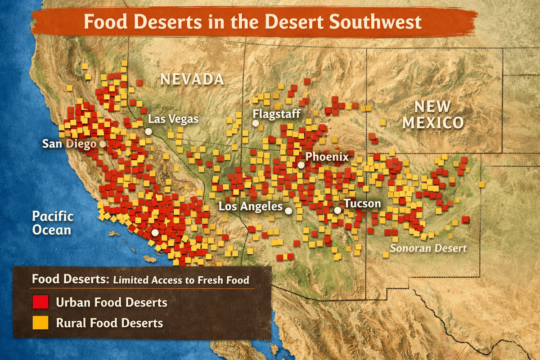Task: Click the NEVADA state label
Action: (192, 79)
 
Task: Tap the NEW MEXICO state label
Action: (432, 114)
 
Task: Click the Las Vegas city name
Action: (173, 119)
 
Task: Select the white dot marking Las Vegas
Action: (148, 131)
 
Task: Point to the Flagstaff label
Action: (276, 113)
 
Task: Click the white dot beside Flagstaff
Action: (256, 123)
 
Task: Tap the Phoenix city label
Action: (327, 157)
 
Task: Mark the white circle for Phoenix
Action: (301, 165)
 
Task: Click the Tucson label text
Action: (363, 203)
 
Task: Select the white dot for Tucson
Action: (337, 210)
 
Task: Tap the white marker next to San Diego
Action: (103, 144)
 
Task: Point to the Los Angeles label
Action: (251, 207)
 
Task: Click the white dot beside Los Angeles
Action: (288, 210)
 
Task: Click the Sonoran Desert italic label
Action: (428, 248)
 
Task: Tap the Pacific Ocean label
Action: (52, 223)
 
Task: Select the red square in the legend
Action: (40, 302)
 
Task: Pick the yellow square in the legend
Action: (40, 323)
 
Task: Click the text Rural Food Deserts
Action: (109, 323)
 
